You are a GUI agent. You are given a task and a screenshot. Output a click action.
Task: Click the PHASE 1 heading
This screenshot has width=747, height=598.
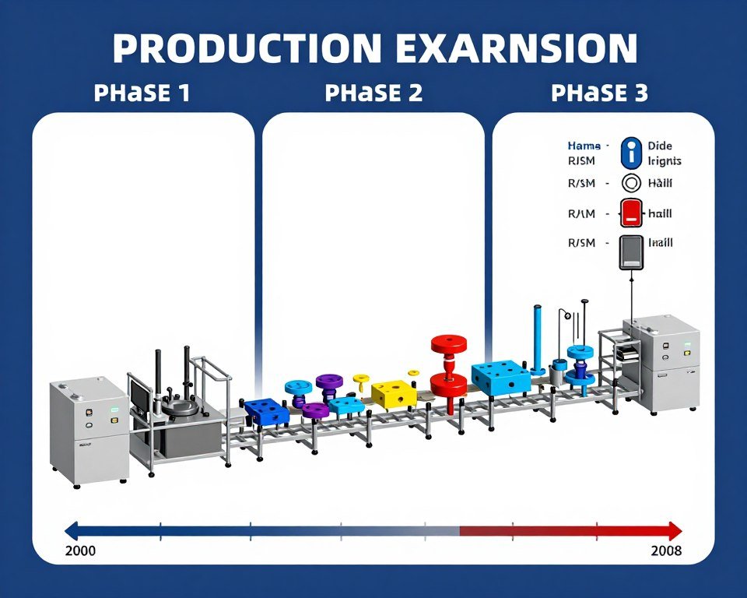[x=142, y=93]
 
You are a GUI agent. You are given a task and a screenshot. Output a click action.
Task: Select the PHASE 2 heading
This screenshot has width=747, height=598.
[x=373, y=93]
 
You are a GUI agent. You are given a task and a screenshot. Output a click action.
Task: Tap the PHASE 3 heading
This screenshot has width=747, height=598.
[x=599, y=93]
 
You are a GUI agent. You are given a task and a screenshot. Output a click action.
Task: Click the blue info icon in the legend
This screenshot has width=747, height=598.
[x=632, y=153]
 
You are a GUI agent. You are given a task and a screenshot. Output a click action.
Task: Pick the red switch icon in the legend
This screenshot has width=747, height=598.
[x=631, y=213]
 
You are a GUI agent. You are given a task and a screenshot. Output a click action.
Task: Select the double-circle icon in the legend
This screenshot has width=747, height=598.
[x=631, y=184]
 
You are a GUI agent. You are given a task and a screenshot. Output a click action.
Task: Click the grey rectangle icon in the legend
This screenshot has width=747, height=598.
[x=631, y=252]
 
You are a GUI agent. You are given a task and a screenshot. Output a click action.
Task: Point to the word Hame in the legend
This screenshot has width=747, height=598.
[x=584, y=146]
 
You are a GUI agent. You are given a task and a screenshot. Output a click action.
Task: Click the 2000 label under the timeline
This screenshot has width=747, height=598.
[x=80, y=551]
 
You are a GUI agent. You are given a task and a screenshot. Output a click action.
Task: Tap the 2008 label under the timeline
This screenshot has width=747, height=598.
[x=666, y=551]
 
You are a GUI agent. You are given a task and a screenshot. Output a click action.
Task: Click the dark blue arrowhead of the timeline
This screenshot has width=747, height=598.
[x=72, y=531]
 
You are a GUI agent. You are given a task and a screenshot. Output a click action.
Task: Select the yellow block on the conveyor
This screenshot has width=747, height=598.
[x=393, y=393]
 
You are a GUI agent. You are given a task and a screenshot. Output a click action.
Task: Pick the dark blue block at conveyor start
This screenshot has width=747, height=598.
[x=266, y=411]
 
